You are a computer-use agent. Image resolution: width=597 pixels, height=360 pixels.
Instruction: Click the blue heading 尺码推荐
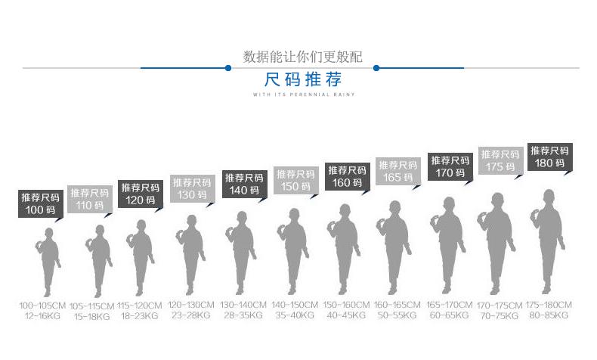click(303, 79)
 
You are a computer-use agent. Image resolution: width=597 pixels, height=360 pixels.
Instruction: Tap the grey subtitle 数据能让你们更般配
click(303, 57)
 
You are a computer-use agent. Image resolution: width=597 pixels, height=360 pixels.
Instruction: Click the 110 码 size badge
click(89, 199)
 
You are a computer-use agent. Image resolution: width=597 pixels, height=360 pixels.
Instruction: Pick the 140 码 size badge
click(244, 183)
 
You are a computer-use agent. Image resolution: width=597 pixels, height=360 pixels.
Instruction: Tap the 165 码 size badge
click(397, 171)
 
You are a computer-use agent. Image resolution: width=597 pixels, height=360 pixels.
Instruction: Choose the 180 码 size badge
click(549, 157)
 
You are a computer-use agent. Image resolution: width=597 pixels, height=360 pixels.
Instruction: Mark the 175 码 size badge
click(500, 161)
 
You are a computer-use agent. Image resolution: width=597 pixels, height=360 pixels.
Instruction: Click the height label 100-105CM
click(42, 305)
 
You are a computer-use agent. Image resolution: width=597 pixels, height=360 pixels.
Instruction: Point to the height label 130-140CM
click(244, 305)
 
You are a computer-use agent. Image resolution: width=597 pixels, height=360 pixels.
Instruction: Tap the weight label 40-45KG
click(346, 315)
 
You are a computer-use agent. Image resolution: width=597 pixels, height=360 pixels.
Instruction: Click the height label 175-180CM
click(549, 305)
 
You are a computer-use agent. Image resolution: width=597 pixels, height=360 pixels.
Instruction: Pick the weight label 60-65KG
click(449, 315)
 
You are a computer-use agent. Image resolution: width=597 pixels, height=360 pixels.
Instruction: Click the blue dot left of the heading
click(227, 68)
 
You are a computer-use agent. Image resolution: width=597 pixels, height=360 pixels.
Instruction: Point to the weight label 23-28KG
click(190, 315)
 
